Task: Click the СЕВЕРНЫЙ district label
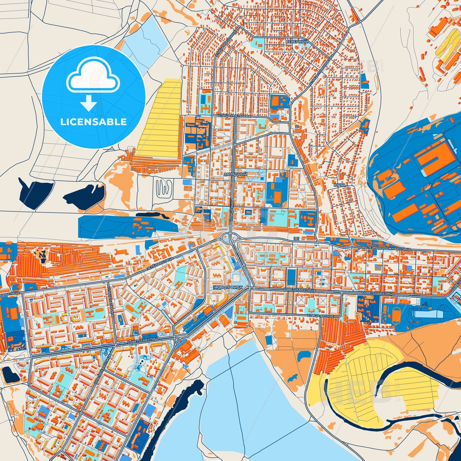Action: coord(297,42)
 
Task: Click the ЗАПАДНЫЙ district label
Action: coord(235,174)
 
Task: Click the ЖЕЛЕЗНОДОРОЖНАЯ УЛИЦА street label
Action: coord(386,248)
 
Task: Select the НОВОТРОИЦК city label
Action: coord(228,287)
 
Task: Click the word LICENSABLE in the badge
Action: coord(93,122)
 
